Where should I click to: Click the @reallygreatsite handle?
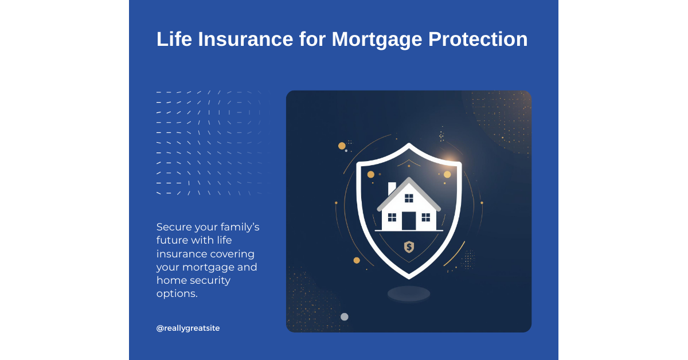(x=188, y=328)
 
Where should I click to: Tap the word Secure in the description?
(x=174, y=227)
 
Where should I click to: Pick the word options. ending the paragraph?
(x=177, y=293)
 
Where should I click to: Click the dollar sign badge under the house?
(x=409, y=247)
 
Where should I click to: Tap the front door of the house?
(x=409, y=221)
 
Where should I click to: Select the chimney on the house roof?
(x=392, y=188)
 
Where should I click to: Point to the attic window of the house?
(x=409, y=198)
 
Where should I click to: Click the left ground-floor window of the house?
(x=392, y=217)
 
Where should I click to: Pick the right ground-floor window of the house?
(x=425, y=217)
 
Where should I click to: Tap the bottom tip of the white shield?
(x=409, y=276)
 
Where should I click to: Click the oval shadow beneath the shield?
(x=409, y=294)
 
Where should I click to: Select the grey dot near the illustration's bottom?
(x=345, y=316)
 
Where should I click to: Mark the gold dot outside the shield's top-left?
(x=342, y=146)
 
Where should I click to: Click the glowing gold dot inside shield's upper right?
(x=447, y=174)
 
